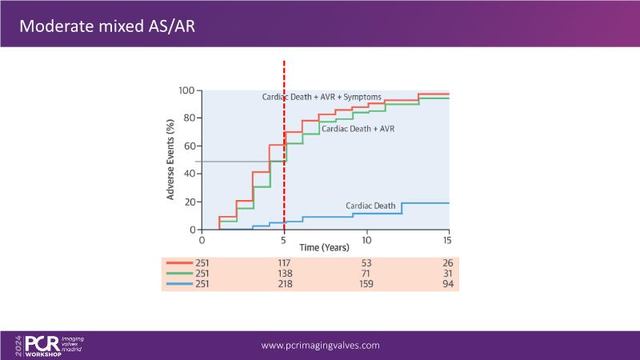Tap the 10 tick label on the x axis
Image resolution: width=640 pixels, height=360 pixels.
[x=366, y=239]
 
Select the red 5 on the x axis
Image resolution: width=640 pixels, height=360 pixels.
[x=284, y=239]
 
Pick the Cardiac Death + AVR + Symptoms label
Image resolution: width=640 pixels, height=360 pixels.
[x=317, y=97]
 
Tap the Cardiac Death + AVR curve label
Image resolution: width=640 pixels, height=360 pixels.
[x=358, y=128]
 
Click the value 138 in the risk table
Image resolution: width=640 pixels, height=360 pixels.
[x=284, y=274]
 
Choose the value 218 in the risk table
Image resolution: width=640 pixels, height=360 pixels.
[x=284, y=284]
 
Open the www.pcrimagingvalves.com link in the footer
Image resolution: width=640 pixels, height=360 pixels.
[x=321, y=346]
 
